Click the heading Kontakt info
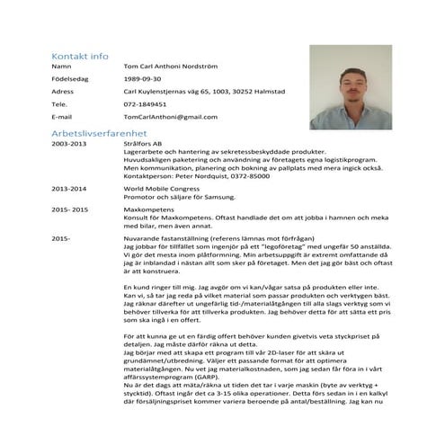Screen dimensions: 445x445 pyautogui.click(x=80, y=54)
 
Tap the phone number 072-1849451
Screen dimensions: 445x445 pyautogui.click(x=145, y=104)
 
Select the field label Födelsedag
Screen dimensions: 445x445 pyautogui.click(x=69, y=79)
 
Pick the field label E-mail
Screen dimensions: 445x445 pyautogui.click(x=62, y=117)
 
